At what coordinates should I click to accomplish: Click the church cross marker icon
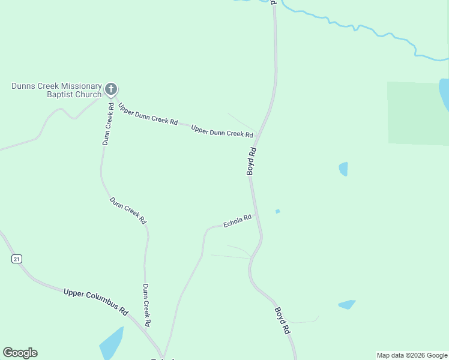pyautogui.click(x=110, y=89)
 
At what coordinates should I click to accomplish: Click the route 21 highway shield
pyautogui.click(x=16, y=259)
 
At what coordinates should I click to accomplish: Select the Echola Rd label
pyautogui.click(x=237, y=222)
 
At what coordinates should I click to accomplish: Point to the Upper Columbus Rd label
pyautogui.click(x=96, y=302)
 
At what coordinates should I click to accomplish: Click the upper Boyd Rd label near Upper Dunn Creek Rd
pyautogui.click(x=252, y=161)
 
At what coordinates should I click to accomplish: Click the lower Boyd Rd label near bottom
pyautogui.click(x=283, y=320)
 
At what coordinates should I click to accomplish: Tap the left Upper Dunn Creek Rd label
pyautogui.click(x=148, y=113)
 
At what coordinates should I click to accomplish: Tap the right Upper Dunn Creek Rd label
pyautogui.click(x=221, y=130)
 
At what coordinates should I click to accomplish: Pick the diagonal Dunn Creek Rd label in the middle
pyautogui.click(x=128, y=211)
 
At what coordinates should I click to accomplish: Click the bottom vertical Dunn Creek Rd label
pyautogui.click(x=146, y=305)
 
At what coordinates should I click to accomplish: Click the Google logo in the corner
pyautogui.click(x=20, y=353)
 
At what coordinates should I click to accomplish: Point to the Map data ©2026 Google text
pyautogui.click(x=412, y=355)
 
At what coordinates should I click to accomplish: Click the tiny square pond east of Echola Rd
pyautogui.click(x=277, y=211)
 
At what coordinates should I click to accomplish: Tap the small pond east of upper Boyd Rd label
pyautogui.click(x=343, y=169)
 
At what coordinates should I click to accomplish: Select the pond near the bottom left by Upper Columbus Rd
pyautogui.click(x=112, y=343)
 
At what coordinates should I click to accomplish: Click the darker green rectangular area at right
pyautogui.click(x=417, y=113)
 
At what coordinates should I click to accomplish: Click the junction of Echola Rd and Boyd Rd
pyautogui.click(x=255, y=214)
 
